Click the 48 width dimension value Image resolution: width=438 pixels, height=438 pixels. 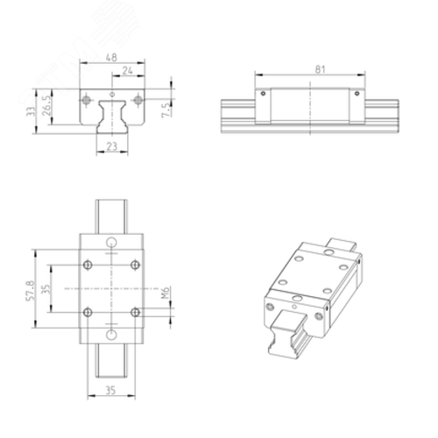coord(111,57)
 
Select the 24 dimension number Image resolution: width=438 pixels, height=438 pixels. coord(127,70)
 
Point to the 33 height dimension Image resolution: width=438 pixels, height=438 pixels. coord(31,111)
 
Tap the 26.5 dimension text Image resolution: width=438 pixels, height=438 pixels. coord(46,105)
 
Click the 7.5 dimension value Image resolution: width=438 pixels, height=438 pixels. coord(166,109)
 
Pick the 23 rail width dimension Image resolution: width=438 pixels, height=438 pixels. coord(112,146)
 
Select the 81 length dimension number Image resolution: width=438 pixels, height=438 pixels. coord(320,69)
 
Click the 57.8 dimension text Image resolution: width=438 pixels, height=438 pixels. coord(31,291)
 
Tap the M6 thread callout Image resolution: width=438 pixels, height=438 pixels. coord(166,293)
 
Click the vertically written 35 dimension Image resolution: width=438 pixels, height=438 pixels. coord(46,289)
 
